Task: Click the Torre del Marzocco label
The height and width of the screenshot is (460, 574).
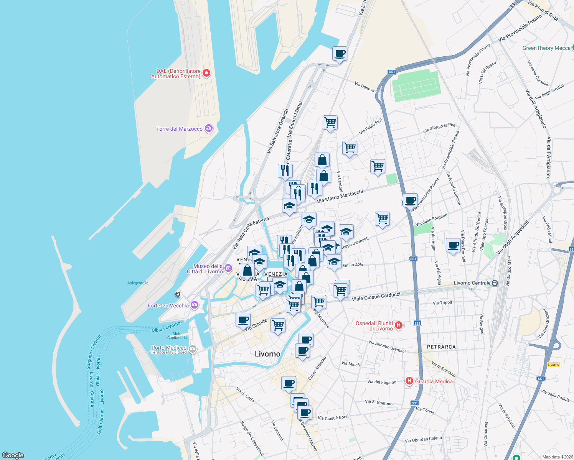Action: pos(179,129)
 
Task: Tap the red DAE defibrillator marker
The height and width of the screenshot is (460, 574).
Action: pos(206,73)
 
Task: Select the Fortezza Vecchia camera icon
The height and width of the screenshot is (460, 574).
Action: pos(195,305)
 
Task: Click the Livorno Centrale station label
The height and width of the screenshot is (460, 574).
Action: pos(472,283)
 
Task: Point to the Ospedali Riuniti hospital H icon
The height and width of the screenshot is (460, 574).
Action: pos(399,325)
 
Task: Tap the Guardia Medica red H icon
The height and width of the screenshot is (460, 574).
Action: pos(409,381)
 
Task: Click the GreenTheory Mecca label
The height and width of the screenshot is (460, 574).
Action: pos(546,48)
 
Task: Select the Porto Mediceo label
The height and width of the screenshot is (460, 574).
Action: pos(169,348)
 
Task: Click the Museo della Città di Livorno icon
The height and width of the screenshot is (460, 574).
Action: pos(228,268)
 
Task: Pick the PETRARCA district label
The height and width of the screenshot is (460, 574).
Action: pos(441,347)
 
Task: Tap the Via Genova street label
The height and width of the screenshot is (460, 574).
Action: pos(365,87)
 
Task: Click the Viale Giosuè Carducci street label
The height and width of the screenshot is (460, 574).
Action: pos(376,296)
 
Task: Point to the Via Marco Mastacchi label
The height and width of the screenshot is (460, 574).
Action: pos(340,196)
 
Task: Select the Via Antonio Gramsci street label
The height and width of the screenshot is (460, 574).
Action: pos(387,347)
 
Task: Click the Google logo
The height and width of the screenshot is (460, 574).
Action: pos(13,455)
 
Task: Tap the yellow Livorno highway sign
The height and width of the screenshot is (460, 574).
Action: pos(553,365)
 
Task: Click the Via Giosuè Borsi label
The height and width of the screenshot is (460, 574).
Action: pos(333,417)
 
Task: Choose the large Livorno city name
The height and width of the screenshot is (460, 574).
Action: pos(267,354)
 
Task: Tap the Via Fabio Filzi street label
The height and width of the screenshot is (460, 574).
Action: pos(371,127)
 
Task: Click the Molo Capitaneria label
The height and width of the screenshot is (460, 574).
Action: pos(177,336)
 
